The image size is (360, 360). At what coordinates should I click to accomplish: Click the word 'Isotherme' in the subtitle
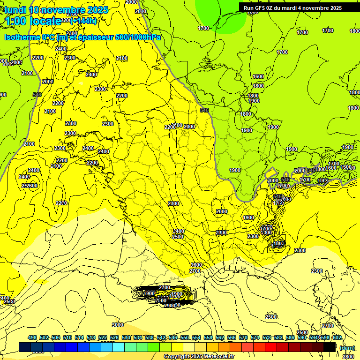22,37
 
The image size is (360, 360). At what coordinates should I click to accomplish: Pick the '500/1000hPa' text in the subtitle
138,37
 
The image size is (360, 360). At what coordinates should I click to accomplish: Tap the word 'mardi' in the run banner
299,8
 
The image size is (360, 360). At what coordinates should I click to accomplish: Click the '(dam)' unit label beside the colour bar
347,347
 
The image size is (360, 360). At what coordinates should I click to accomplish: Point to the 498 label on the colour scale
32,337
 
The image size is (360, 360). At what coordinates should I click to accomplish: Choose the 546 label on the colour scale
173,337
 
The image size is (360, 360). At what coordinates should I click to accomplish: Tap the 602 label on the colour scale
337,337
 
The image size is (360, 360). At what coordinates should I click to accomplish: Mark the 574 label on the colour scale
255,337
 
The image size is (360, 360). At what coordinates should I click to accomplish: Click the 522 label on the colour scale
103,337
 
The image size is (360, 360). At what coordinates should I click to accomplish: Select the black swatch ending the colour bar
330,347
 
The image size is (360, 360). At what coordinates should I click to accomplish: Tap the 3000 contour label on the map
118,325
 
